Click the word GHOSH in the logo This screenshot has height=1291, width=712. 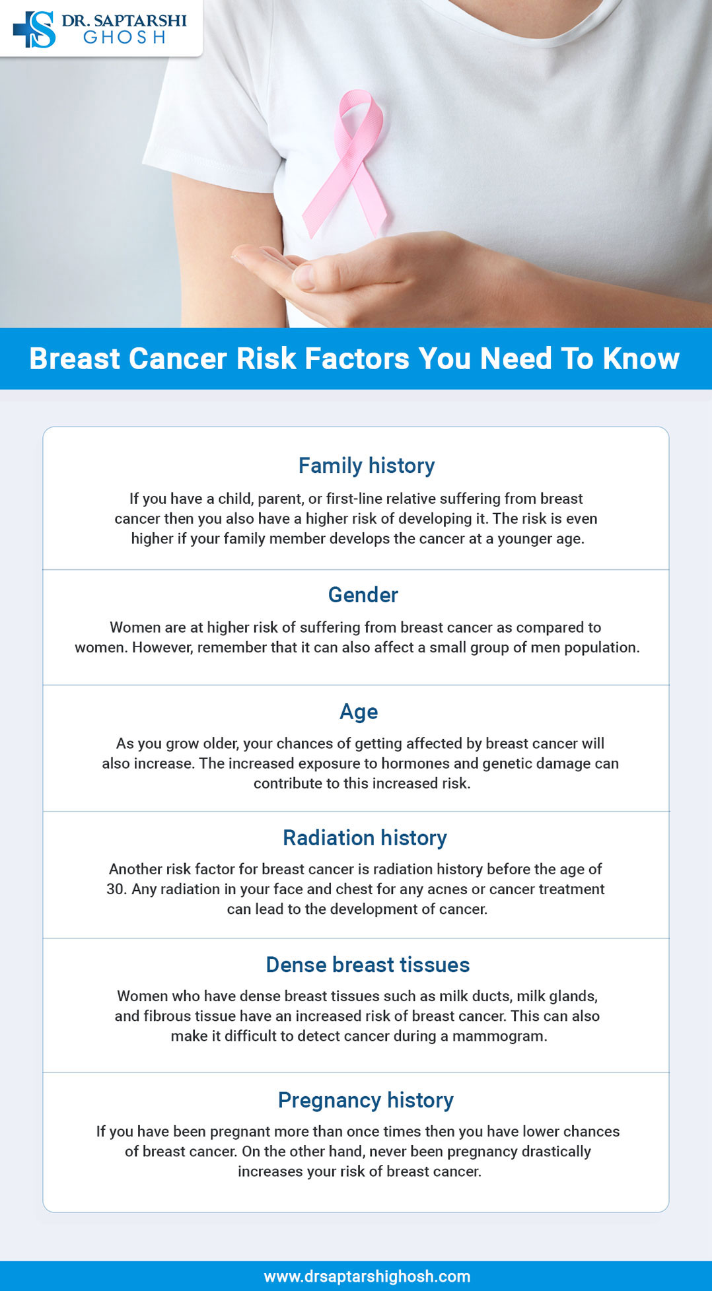pyautogui.click(x=124, y=38)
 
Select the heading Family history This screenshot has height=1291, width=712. pyautogui.click(x=367, y=466)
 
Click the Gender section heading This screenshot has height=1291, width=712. pyautogui.click(x=363, y=595)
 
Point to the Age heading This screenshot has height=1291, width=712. pyautogui.click(x=359, y=712)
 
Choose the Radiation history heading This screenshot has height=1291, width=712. pyautogui.click(x=365, y=838)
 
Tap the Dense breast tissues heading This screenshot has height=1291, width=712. pyautogui.click(x=367, y=965)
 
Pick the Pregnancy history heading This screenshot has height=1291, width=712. pyautogui.click(x=365, y=1100)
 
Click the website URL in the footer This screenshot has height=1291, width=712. pyautogui.click(x=367, y=1276)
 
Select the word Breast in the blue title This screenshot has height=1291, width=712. pyautogui.click(x=75, y=359)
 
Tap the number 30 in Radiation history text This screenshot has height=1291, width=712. pyautogui.click(x=116, y=890)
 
